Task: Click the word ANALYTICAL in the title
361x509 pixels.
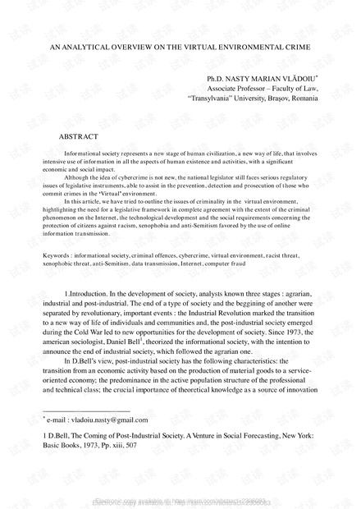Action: click(79, 48)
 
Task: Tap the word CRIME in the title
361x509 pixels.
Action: click(290, 48)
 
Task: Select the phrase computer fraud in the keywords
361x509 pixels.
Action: click(259, 242)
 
